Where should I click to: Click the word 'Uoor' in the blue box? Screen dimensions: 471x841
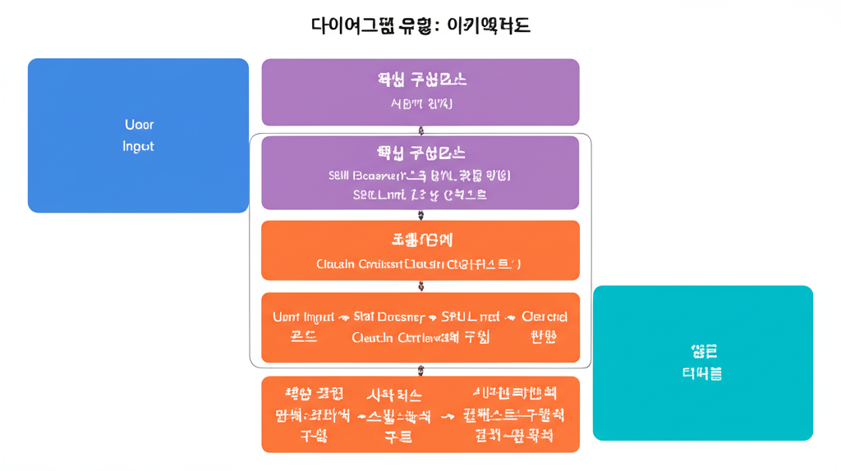coord(139,125)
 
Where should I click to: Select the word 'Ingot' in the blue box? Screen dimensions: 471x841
coord(138,146)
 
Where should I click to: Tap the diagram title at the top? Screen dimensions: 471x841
coord(420,25)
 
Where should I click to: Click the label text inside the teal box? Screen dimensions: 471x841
coord(702,363)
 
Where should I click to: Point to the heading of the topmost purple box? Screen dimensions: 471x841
coord(421,80)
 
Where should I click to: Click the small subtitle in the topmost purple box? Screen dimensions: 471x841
coord(421,104)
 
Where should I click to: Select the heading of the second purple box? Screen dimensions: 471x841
coord(421,153)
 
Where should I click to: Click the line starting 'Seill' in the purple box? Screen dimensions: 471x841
coord(420,175)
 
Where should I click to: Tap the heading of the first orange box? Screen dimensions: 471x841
coord(421,240)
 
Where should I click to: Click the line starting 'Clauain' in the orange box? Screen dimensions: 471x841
coord(419,264)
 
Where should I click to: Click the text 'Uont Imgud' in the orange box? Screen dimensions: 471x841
coord(302,317)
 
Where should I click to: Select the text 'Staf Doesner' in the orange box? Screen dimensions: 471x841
coord(389,317)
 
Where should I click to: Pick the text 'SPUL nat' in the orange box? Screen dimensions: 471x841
coord(471,317)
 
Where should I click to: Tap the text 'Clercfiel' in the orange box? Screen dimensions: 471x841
coord(544,317)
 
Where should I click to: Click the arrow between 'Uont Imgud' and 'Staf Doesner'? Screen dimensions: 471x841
coord(344,318)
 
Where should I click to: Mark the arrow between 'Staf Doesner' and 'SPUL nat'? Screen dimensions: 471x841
coord(432,318)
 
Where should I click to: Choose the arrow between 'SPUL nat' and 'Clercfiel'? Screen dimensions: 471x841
coord(511,318)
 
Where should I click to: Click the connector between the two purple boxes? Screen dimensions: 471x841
coord(421,130)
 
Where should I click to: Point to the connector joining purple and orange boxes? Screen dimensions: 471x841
coord(421,215)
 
